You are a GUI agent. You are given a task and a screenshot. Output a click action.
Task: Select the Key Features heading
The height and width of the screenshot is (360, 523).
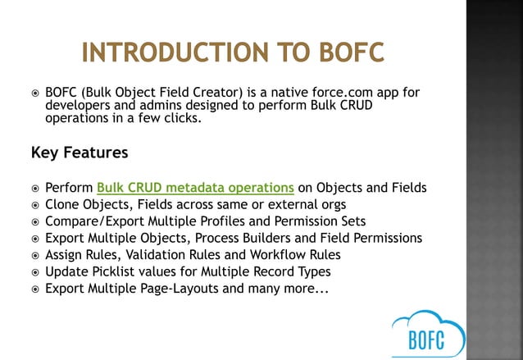click(79, 153)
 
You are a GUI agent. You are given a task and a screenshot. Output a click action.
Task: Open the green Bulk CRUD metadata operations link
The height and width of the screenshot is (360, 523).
click(195, 187)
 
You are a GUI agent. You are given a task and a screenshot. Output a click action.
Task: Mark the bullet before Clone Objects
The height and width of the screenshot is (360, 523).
click(34, 205)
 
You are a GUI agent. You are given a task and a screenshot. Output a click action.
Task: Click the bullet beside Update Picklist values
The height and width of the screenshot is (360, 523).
click(34, 272)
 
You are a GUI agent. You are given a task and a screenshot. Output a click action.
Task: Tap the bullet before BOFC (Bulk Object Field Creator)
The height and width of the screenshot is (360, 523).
click(34, 93)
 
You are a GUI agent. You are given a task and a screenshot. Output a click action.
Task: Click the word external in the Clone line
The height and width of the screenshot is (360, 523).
click(284, 204)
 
